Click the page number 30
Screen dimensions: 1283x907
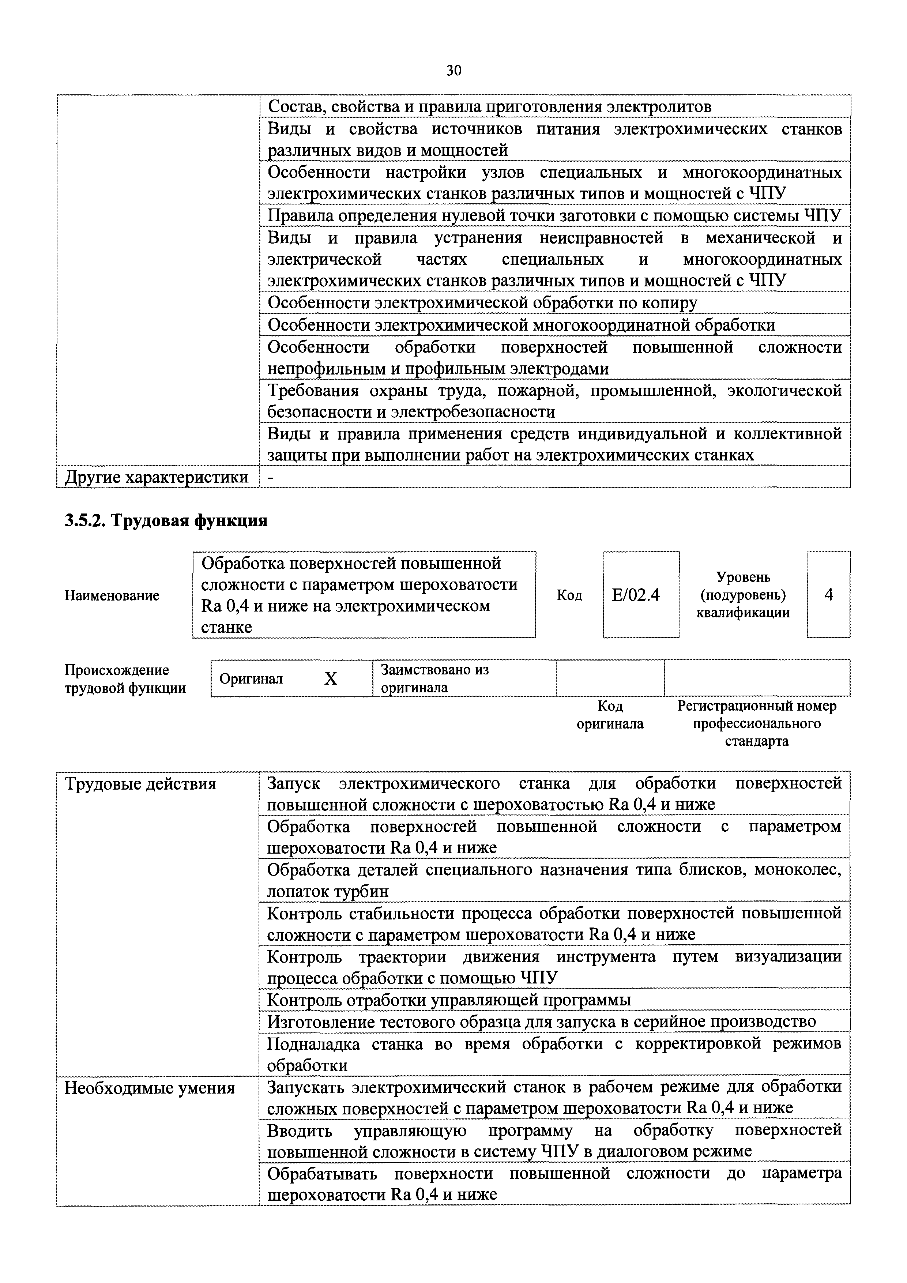click(x=453, y=71)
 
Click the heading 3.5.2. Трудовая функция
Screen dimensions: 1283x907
click(x=166, y=521)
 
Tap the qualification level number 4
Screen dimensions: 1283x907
click(x=828, y=595)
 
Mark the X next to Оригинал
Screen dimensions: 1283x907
click(x=331, y=678)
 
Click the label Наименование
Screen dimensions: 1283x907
click(x=112, y=596)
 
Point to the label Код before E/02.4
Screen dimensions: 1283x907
click(x=569, y=596)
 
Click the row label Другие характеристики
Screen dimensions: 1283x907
click(x=157, y=477)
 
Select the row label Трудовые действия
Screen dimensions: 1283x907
click(x=140, y=784)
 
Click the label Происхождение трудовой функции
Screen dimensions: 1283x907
click(x=125, y=679)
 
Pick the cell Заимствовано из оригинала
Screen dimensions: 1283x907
click(x=435, y=678)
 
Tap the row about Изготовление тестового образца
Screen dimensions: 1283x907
click(x=541, y=1021)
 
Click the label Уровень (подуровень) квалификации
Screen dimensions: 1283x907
click(x=743, y=595)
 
